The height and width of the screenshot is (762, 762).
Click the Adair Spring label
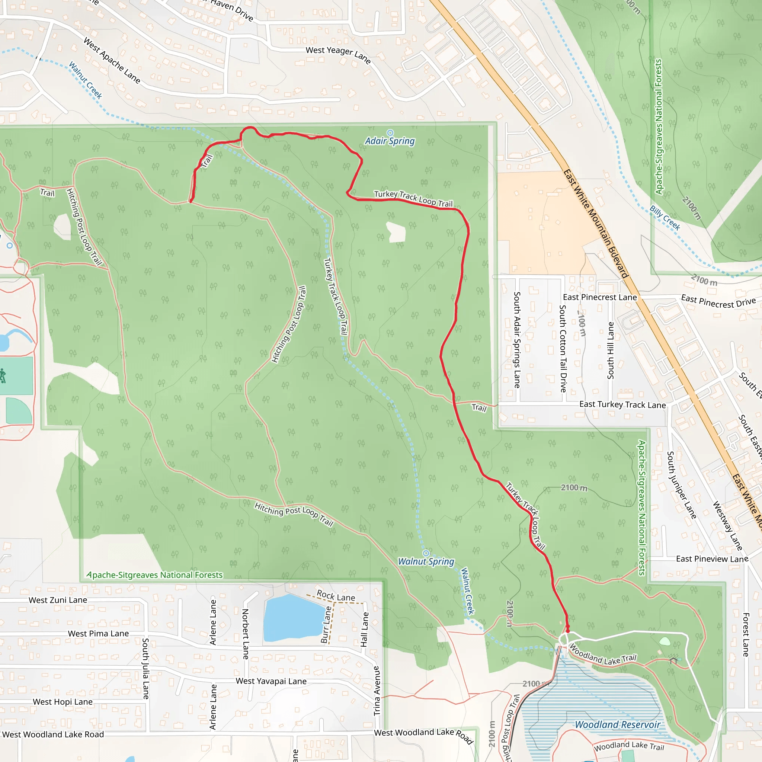pyautogui.click(x=390, y=141)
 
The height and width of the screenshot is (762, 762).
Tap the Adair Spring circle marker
pyautogui.click(x=390, y=132)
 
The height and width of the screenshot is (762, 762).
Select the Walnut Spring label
pyautogui.click(x=426, y=561)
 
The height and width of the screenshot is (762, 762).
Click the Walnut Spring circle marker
pyautogui.click(x=426, y=553)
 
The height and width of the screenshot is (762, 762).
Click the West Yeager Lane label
pyautogui.click(x=338, y=55)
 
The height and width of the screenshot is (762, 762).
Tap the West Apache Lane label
pyautogui.click(x=112, y=60)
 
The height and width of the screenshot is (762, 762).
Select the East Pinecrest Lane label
pyautogui.click(x=599, y=297)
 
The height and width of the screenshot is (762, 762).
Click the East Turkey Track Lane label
pyautogui.click(x=622, y=404)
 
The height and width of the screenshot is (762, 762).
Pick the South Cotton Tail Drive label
pyautogui.click(x=563, y=348)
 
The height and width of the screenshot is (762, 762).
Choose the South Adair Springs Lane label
pyautogui.click(x=517, y=340)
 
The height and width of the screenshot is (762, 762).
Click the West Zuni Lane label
pyautogui.click(x=58, y=600)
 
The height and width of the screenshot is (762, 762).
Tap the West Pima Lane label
pyautogui.click(x=98, y=633)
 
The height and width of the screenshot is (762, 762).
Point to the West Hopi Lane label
pyautogui.click(x=63, y=702)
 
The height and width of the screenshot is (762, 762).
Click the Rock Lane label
pyautogui.click(x=336, y=596)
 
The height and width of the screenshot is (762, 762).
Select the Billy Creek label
pyautogui.click(x=665, y=218)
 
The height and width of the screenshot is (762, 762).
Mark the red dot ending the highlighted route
pyautogui.click(x=567, y=631)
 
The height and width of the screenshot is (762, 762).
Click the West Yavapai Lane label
pyautogui.click(x=271, y=681)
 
